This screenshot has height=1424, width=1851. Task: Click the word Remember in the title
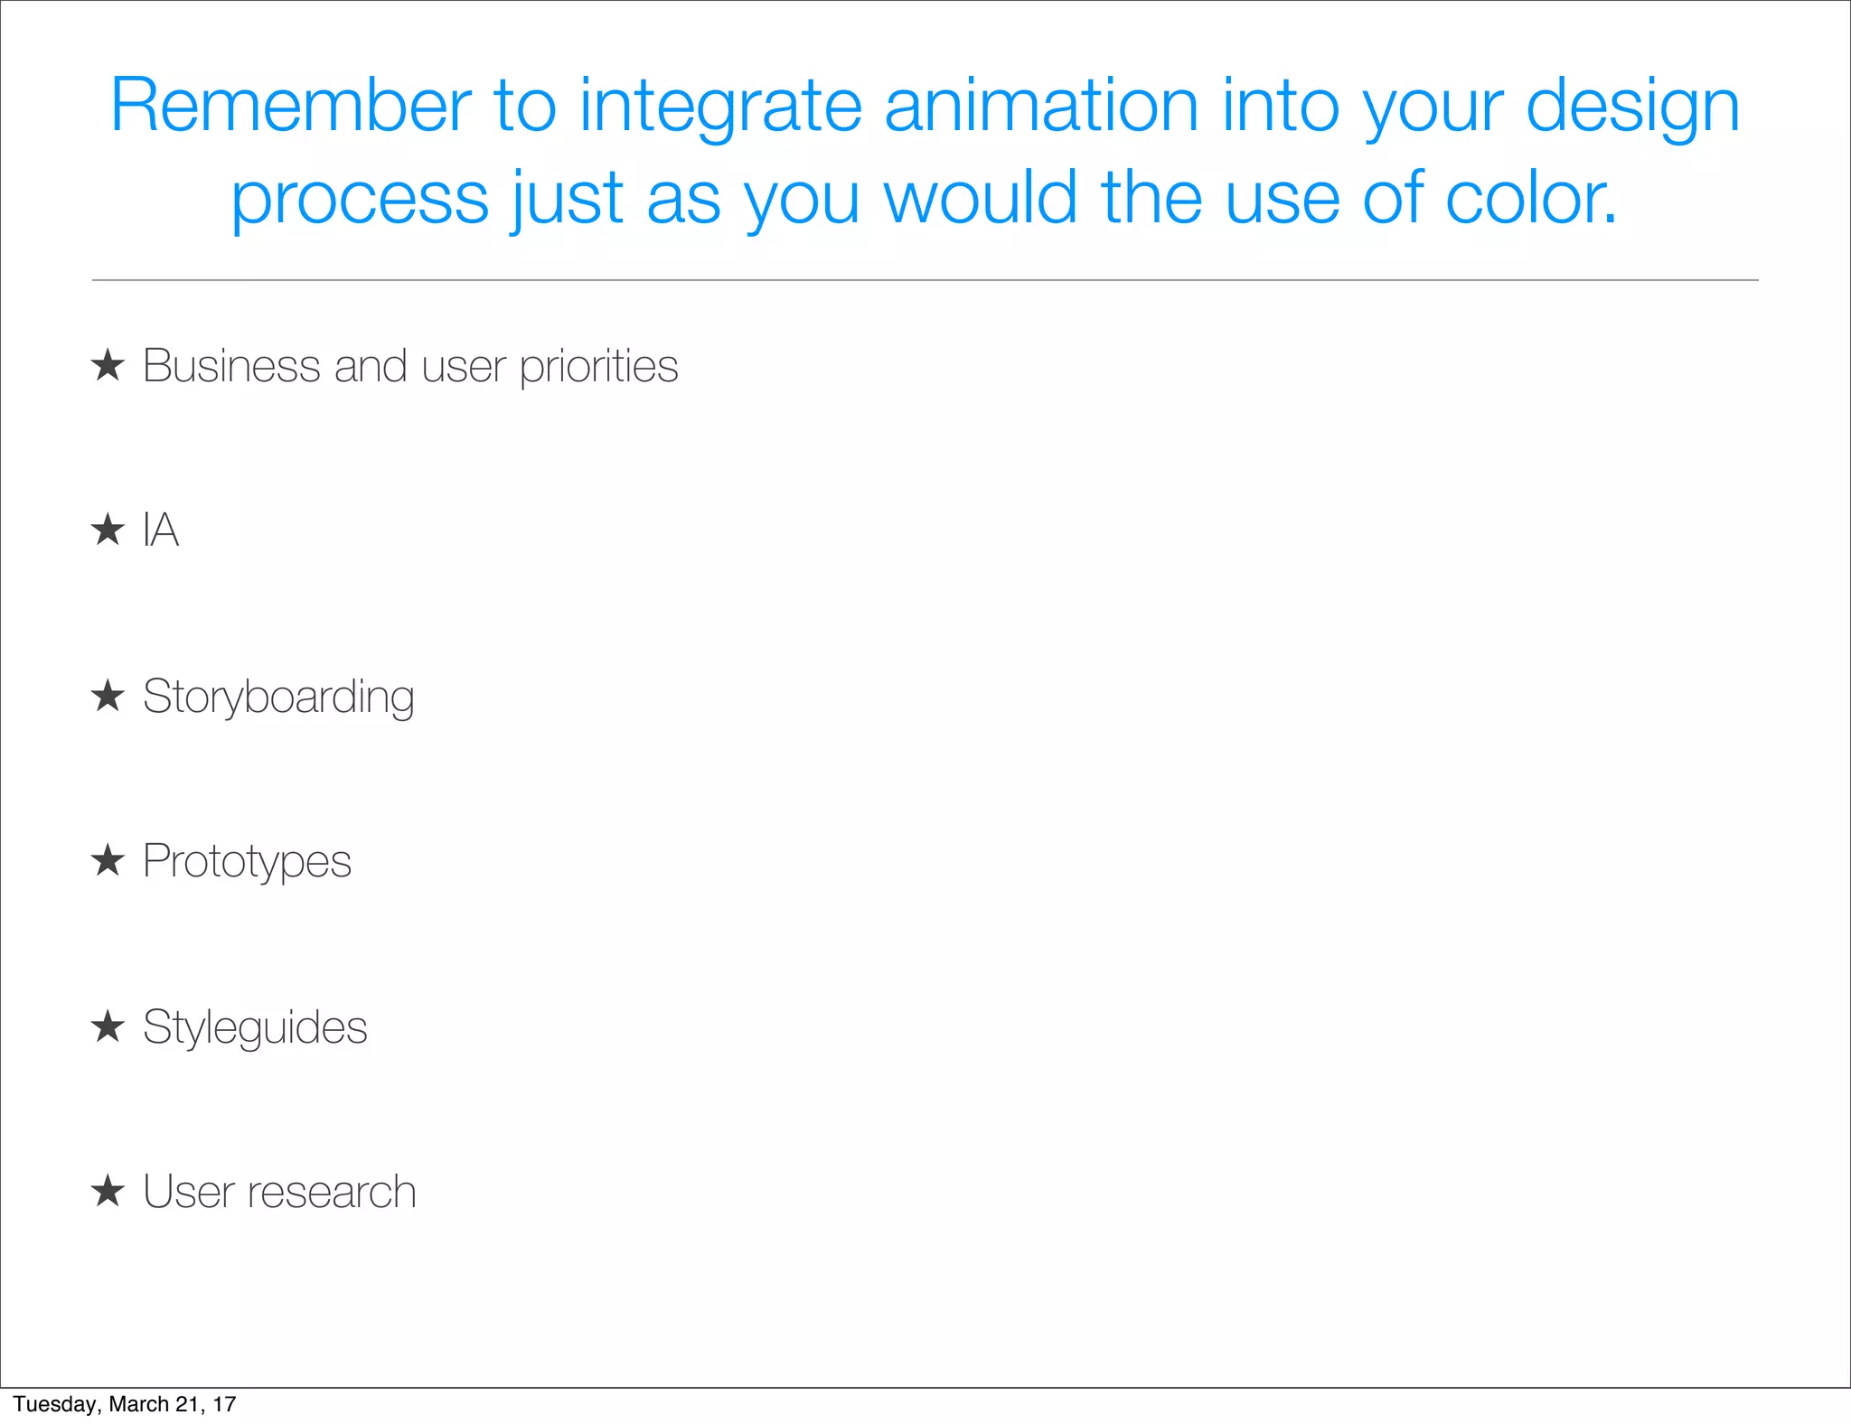[x=290, y=106]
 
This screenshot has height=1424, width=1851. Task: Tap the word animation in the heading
[x=1041, y=106]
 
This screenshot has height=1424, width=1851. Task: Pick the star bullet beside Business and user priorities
[x=108, y=366]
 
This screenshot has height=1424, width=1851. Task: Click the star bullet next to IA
[x=108, y=529]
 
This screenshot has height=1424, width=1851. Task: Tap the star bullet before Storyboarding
[x=108, y=696]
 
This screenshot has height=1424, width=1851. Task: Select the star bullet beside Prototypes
[x=108, y=860]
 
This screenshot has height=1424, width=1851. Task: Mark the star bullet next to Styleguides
[x=108, y=1026]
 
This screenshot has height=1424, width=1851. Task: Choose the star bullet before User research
[x=108, y=1191]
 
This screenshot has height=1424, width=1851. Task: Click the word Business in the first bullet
[x=231, y=366]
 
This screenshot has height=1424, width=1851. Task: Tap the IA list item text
[x=161, y=529]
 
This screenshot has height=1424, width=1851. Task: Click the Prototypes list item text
[x=247, y=862]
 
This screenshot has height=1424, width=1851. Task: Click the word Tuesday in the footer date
[x=55, y=1404]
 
